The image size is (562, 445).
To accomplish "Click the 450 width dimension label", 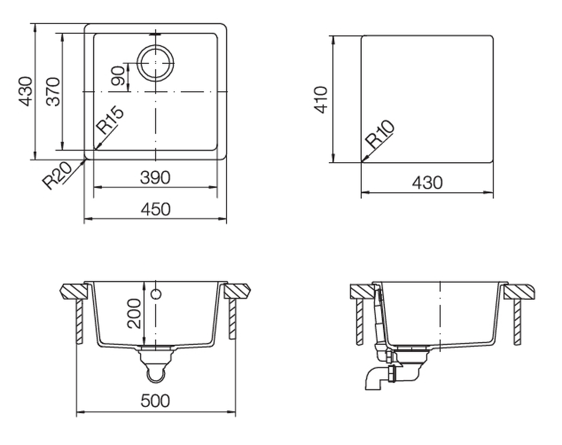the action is pos(155,209).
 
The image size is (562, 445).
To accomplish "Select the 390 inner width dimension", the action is pos(155,177).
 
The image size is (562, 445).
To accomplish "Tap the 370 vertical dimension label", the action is pos(54,91).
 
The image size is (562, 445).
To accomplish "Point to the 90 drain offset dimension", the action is pos(119,76).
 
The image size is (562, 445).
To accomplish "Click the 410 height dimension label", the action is pos(321,100).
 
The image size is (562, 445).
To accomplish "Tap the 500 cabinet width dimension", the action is pos(155,400).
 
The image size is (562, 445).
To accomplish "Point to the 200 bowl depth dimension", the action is pos(134,313).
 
